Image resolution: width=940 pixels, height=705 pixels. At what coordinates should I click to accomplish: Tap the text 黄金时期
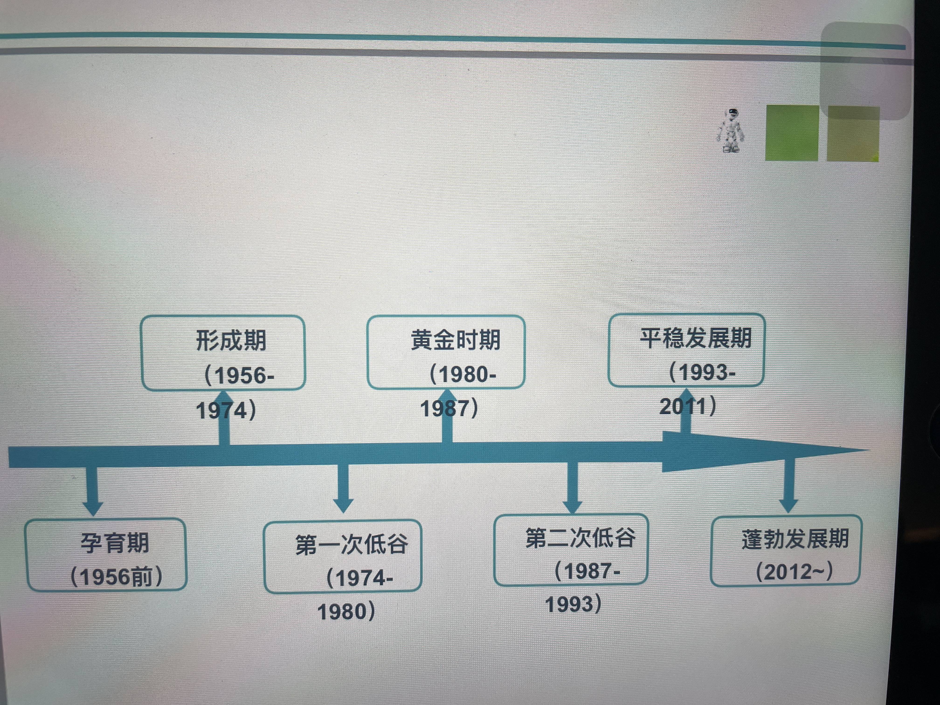[456, 340]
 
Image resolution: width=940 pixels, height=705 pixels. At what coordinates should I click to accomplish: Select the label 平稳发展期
[696, 338]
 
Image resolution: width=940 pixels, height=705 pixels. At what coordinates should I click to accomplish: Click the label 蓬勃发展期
[795, 539]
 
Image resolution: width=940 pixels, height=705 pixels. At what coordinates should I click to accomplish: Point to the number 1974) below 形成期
[226, 411]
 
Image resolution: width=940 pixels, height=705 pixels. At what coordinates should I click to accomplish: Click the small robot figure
[731, 131]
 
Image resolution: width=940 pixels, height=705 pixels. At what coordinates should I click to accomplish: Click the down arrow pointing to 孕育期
[93, 493]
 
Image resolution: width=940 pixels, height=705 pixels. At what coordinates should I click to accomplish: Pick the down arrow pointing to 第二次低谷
[572, 489]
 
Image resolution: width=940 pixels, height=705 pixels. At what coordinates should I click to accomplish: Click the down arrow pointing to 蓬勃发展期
[789, 489]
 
